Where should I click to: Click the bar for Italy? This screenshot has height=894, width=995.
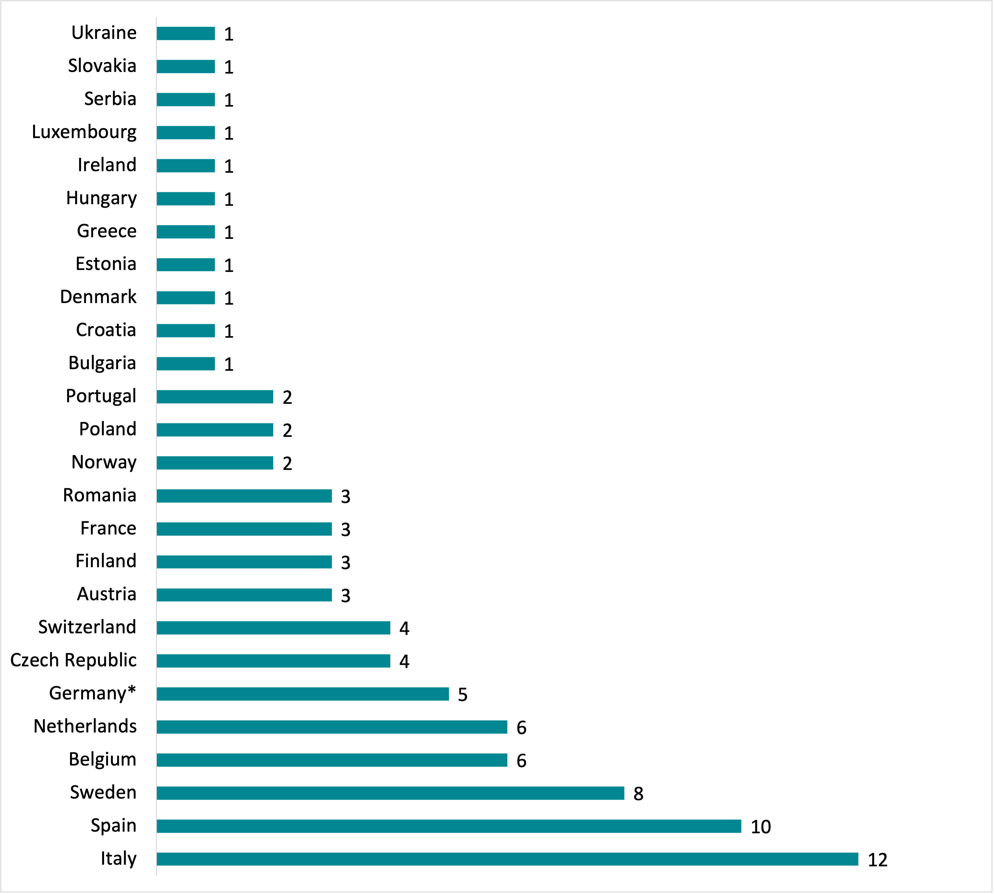507,859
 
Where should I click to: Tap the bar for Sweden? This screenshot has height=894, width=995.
390,793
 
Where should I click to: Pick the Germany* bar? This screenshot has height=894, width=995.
303,693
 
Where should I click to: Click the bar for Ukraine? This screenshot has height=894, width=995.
186,33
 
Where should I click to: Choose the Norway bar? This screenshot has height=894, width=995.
215,463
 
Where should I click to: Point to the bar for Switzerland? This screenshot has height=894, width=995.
273,628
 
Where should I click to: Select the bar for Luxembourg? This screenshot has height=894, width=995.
186,133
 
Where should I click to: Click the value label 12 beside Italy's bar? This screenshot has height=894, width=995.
878,860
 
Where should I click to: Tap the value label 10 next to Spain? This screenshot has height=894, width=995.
761,827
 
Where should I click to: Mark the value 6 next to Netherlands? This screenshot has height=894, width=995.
521,727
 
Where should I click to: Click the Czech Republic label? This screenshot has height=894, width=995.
73,660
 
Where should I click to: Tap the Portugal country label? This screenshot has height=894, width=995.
101,396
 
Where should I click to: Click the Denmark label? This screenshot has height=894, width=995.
98,297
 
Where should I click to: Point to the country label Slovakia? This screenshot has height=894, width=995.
102,66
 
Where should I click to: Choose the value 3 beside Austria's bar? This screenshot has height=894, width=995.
345,595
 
